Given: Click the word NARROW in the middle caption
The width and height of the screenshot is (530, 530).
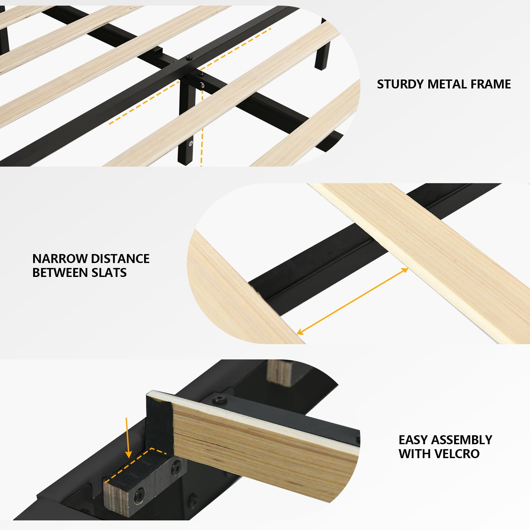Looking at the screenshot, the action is pos(60,259).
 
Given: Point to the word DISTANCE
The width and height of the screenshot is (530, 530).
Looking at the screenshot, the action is pos(120,259).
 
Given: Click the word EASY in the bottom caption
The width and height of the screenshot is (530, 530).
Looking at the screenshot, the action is pos(414,440).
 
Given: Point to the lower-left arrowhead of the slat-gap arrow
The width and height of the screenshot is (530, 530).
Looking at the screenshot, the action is pos(300,331).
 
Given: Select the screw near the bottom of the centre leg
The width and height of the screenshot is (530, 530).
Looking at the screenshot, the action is pos(191,143).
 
